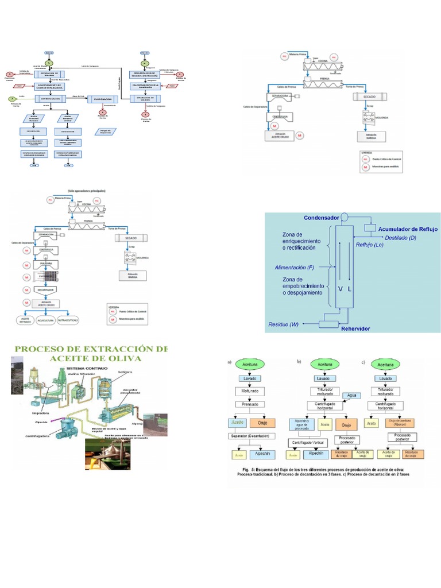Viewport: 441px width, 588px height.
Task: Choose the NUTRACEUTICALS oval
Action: click(x=79, y=319)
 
